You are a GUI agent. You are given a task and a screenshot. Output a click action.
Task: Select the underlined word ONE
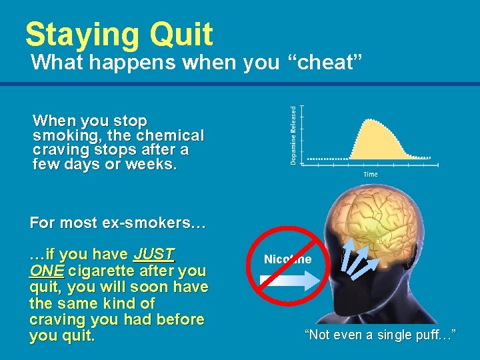[x=47, y=271]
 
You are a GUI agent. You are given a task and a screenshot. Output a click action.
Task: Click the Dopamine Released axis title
[x=294, y=135]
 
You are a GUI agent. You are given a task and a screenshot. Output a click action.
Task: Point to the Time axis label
[x=370, y=175]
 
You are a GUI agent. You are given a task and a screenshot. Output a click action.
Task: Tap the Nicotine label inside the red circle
[x=287, y=259]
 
